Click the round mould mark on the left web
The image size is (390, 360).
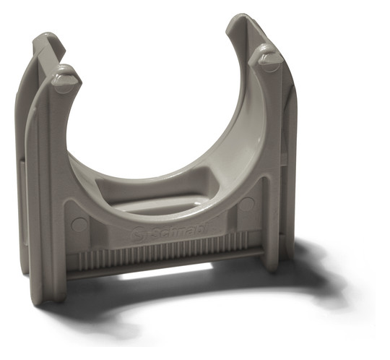pos(79,224)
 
